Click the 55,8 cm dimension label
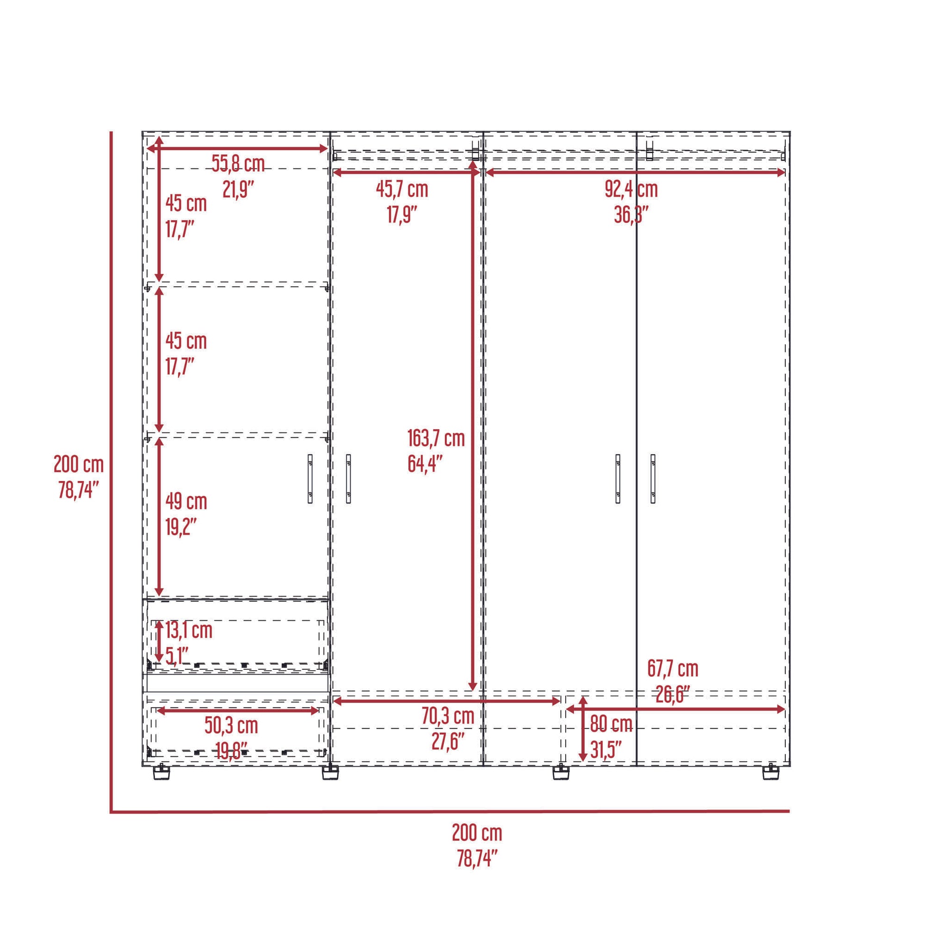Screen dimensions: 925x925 [238, 164]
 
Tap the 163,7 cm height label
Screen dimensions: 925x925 [436, 439]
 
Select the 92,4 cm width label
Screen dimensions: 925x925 [631, 190]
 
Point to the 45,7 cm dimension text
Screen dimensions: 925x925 [402, 190]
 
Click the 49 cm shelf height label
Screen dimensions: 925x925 [186, 502]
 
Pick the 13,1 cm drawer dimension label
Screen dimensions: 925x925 [189, 630]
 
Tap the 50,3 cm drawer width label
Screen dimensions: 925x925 [231, 726]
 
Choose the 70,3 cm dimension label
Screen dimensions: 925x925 [448, 716]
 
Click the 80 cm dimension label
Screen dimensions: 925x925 [611, 724]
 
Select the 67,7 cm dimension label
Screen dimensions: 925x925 [673, 669]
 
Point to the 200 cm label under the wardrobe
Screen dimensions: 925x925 [477, 834]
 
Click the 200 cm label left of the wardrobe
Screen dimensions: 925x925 [78, 464]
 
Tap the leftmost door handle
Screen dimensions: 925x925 [310, 479]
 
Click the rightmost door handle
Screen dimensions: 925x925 [653, 479]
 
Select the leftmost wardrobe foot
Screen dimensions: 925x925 [161, 772]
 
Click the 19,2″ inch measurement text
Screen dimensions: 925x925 [181, 527]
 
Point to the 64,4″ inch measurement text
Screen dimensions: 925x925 [424, 464]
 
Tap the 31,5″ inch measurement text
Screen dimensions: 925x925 [606, 750]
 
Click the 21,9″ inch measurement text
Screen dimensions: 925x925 [238, 190]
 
